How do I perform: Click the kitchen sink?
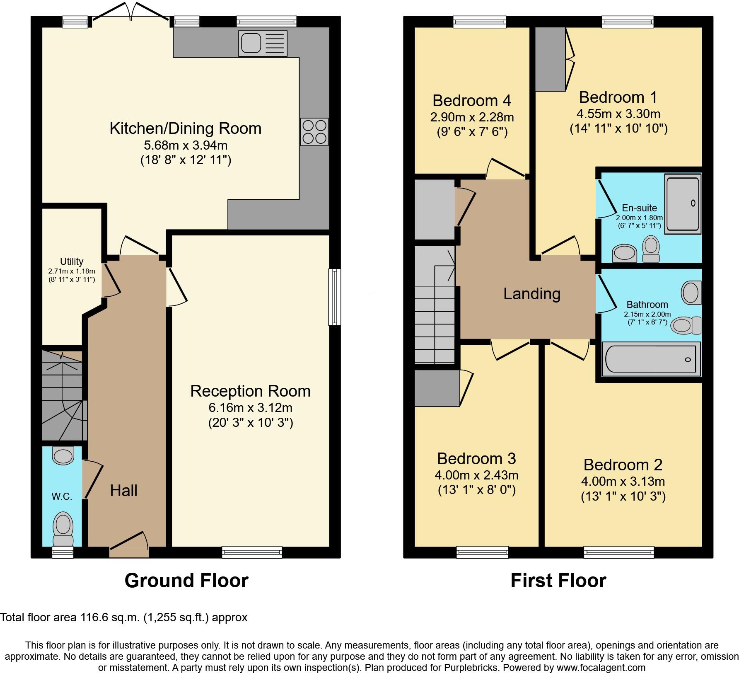[x=263, y=43]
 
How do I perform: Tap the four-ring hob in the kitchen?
[x=314, y=132]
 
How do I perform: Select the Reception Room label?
[x=250, y=391]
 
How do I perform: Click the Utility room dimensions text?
[x=72, y=275]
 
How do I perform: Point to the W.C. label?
[x=62, y=496]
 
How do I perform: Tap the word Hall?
[x=123, y=491]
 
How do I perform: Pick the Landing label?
[x=532, y=294]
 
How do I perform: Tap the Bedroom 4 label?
[x=472, y=101]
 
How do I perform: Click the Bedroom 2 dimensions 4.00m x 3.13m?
[x=623, y=481]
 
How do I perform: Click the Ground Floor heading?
[x=186, y=581]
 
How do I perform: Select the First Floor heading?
[x=558, y=581]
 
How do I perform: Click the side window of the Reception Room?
[x=335, y=297]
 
